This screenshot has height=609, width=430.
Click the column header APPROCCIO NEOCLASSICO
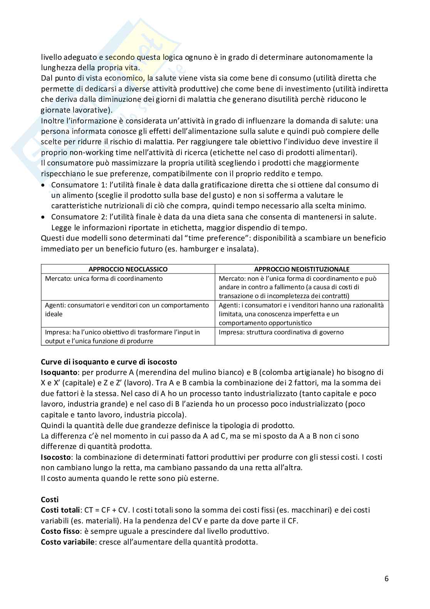point(128,269)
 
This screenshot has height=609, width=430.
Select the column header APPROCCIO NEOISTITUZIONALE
point(302,269)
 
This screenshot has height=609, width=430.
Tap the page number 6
point(386,579)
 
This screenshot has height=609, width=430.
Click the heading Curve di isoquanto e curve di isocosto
point(109,362)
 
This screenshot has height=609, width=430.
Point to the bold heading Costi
point(50,499)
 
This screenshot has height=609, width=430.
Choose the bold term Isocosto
point(56,457)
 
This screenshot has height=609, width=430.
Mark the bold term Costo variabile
point(67,542)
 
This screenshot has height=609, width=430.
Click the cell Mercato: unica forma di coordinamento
point(104,278)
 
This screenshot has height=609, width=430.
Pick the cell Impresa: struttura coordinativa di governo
point(281,332)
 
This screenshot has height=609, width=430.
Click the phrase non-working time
point(88,152)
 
